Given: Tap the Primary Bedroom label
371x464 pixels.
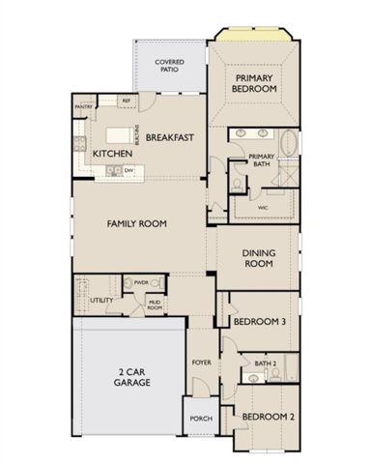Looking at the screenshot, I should tap(255, 82).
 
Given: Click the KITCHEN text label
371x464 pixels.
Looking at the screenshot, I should tap(111, 154).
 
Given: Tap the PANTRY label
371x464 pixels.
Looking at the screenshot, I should tap(84, 107).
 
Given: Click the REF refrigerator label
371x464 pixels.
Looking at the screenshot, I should tap(126, 100).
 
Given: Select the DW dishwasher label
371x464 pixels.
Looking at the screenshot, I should tap(128, 170).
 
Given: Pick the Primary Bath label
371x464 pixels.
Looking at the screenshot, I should tap(262, 160).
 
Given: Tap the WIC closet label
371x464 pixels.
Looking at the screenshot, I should tap(263, 207).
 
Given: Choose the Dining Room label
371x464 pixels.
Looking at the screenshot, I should tap(258, 258).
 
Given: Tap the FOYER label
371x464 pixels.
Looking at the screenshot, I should tap(201, 362).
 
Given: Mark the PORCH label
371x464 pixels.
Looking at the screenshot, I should tap(201, 419).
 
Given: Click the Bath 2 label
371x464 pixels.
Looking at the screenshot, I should tap(266, 364).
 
